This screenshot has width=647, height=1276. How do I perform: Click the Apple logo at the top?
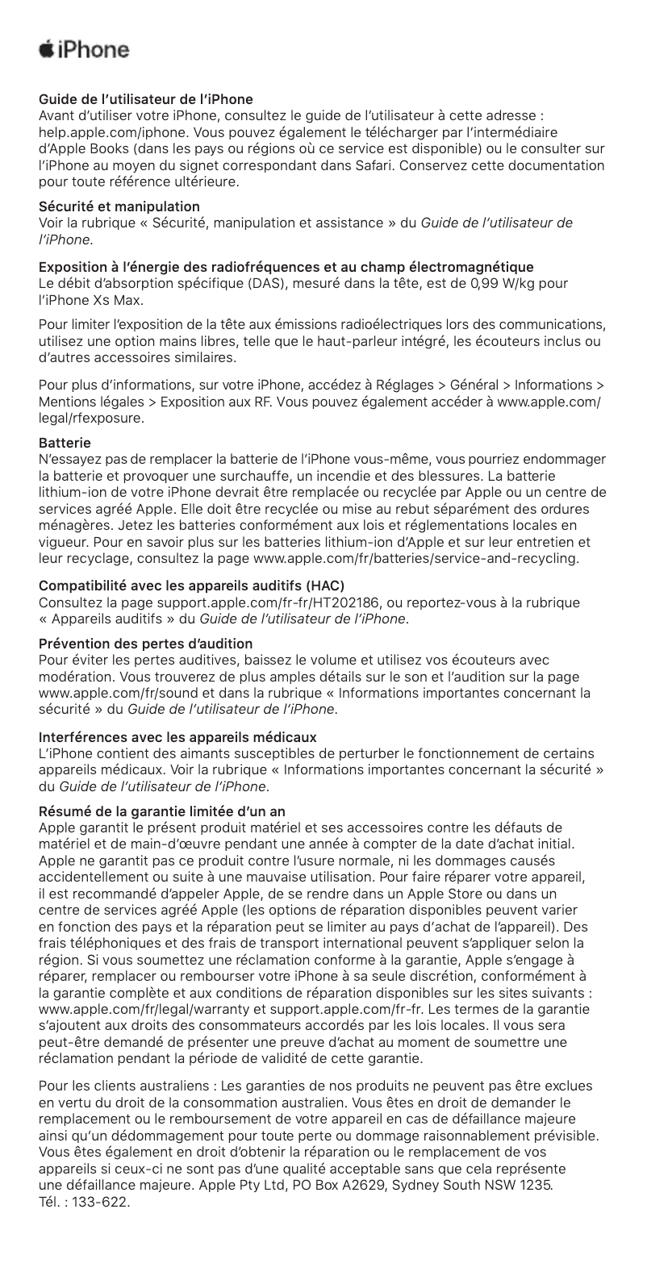click(48, 49)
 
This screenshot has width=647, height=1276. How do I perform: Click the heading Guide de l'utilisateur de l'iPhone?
click(146, 100)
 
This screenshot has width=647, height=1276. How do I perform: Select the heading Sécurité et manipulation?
click(119, 206)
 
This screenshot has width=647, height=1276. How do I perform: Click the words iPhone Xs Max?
click(92, 300)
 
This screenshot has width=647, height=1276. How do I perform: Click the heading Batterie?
click(65, 443)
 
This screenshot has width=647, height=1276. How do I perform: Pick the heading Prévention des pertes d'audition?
click(146, 644)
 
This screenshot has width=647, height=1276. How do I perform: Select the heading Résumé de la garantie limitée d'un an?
click(161, 810)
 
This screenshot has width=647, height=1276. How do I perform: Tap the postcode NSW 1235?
click(519, 1186)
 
